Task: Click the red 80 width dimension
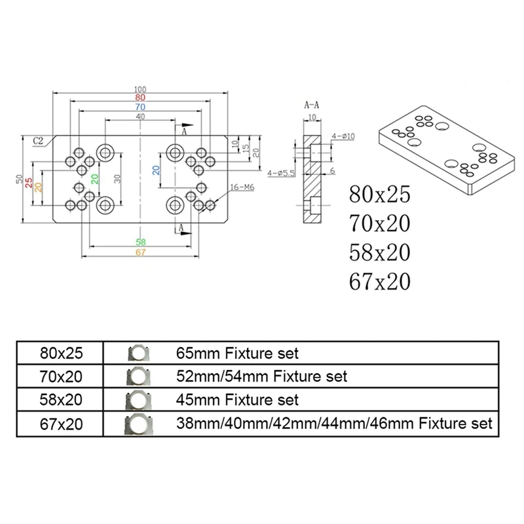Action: coord(140,98)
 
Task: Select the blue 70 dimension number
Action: coord(140,107)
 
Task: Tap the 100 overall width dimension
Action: coord(140,90)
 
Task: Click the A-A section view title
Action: coord(312,105)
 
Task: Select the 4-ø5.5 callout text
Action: coord(282,173)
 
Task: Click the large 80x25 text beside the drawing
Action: coord(380,194)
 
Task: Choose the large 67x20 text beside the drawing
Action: coord(380,282)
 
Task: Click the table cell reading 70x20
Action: coord(61,377)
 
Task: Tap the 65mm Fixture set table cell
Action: coord(237,354)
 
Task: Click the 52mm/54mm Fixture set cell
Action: coord(261,377)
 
